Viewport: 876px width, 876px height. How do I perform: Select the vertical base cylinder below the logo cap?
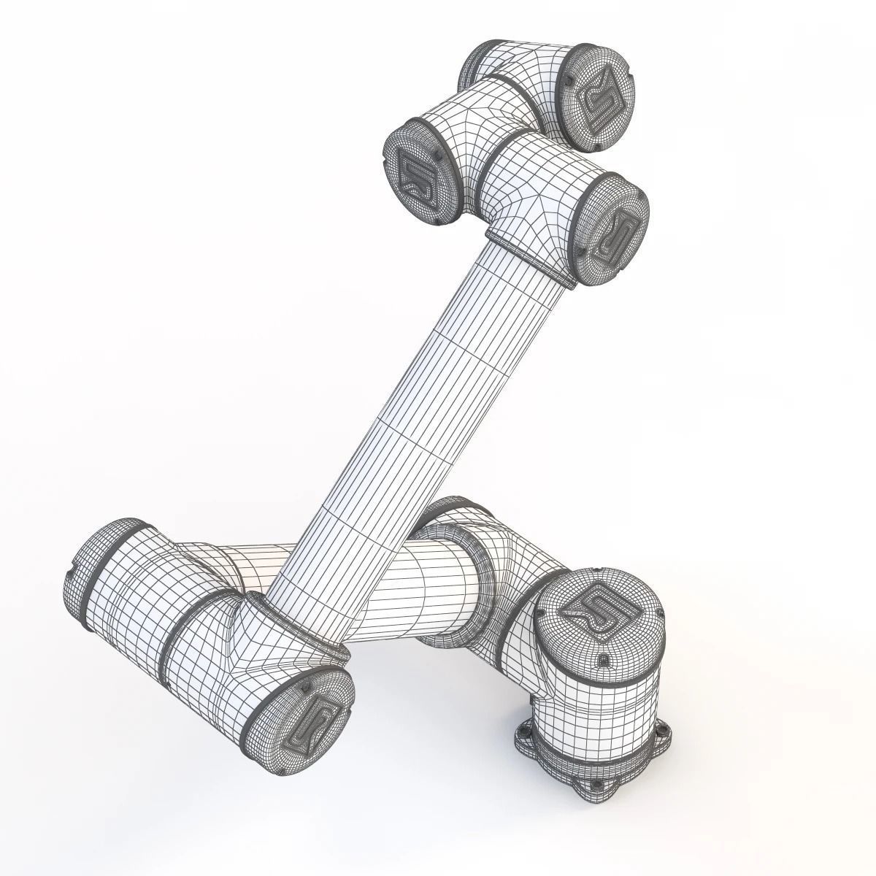coord(599,701)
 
